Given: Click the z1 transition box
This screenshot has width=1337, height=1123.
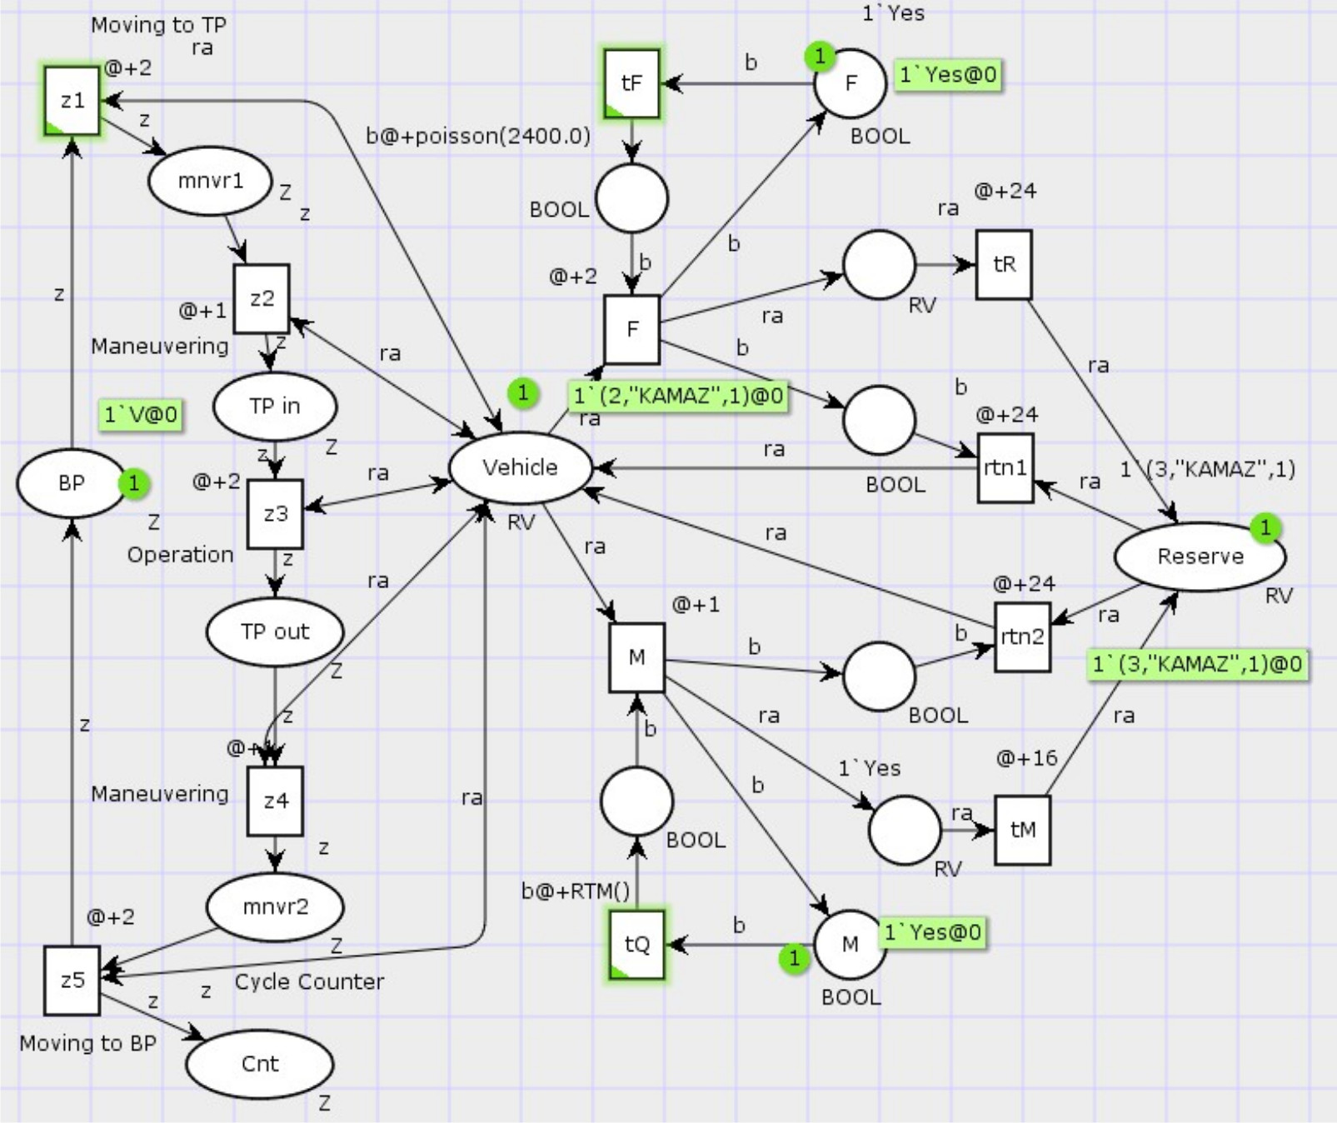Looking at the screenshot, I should coord(72,101).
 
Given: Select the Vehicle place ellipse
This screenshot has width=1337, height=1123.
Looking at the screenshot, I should coord(521,467).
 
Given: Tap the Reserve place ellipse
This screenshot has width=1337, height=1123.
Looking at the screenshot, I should coord(1200,557).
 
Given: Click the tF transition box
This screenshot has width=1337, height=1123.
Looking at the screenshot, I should coord(631,83).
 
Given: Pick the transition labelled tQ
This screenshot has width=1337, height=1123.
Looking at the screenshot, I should coord(637,944).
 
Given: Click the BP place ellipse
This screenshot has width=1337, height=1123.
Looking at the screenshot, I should coord(71,483).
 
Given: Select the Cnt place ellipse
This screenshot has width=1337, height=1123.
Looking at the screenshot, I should coord(260,1064).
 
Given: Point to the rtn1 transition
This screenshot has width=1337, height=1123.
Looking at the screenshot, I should coord(1005,467).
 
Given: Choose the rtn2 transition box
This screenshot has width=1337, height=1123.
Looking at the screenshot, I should coord(1022,637).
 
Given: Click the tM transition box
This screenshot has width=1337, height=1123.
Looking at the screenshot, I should coord(1022,830).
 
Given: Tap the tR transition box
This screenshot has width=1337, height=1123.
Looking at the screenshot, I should coord(1004,265).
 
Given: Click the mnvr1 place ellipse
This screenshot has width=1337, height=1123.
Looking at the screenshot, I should coord(210,181).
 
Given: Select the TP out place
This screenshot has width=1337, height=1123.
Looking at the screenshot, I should coord(275,632).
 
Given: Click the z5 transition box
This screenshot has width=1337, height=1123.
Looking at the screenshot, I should coord(72,981).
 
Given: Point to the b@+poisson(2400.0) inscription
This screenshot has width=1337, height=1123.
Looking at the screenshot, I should coord(478,136).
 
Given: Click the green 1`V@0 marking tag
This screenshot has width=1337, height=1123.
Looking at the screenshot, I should coord(141,414).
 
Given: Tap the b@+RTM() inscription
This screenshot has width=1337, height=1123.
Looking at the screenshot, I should coord(576,891).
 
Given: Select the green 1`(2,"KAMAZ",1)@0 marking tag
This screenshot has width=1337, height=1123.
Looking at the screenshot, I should coord(679,396).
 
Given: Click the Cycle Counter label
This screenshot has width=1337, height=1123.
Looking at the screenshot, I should coord(309,981).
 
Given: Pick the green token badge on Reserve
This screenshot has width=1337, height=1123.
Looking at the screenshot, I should coord(1265,527).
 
